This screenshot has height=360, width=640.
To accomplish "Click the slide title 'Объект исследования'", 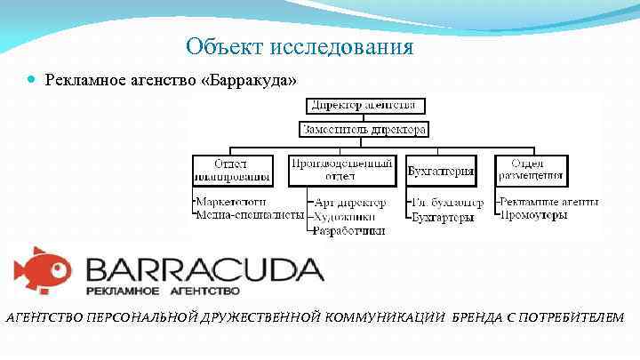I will coord(300,46).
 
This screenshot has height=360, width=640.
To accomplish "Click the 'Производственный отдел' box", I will coord(342,169).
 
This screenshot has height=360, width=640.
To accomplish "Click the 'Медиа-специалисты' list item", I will coord(250,215).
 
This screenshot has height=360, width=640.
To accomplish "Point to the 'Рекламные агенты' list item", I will coord(548,202).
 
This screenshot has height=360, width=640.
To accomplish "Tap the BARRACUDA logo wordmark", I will coord(204,268).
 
